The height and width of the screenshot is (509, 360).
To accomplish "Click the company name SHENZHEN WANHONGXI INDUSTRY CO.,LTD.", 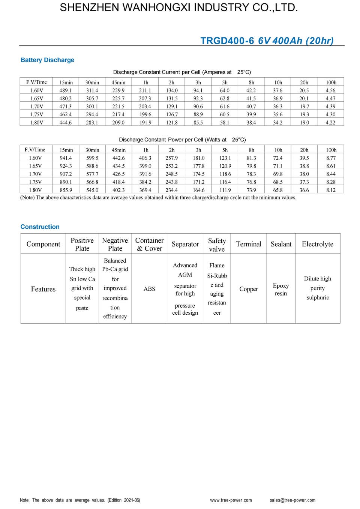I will coord(179,8).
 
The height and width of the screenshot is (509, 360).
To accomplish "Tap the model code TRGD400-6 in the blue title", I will coord(227,41).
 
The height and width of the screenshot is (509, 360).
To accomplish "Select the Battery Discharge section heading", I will coord(47,60).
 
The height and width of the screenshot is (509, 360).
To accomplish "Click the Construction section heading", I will coord(40,227).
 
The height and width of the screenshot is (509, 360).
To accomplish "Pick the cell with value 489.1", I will coord(66,90).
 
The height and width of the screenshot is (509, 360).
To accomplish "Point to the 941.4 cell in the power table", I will coord(66,158).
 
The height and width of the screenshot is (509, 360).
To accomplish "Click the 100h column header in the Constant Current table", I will coord(331,83).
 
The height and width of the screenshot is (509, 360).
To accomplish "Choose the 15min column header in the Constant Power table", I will coord(66,150).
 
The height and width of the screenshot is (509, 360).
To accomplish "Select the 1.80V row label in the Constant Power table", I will coord(36,190).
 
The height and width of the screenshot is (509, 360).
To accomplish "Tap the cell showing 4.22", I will coord(330,122).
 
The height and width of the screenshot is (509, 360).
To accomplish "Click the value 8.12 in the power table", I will coord(331,190).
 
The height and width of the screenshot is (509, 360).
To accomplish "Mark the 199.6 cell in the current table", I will coord(145,114).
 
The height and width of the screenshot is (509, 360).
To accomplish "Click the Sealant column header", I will coord(281,244).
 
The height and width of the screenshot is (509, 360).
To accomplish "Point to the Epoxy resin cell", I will coord(281,289).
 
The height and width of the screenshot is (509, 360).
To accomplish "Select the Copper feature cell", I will coord(248,289).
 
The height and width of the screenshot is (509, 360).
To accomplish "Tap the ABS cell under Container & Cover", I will coord(149,289).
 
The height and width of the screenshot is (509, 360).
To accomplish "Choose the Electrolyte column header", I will coord(317,244).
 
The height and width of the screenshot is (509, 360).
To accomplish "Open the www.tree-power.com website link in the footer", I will coord(231,500).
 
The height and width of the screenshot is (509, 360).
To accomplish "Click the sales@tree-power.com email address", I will coord(292,500).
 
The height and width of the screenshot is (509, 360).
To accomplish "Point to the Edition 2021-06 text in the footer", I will coord(124,500).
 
